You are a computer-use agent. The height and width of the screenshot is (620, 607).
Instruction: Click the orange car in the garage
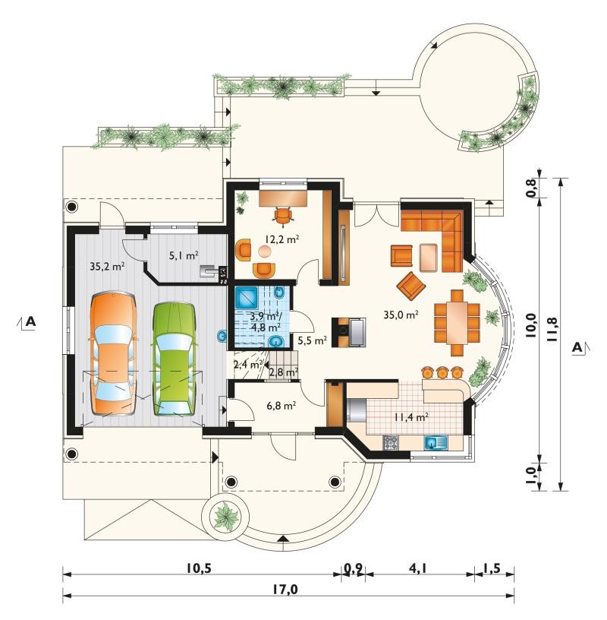[114, 353]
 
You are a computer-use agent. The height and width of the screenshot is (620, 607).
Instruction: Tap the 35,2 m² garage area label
[107, 266]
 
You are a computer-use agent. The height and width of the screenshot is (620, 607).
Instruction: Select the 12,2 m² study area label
[281, 239]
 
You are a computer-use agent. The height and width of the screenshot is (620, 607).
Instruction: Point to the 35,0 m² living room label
[401, 315]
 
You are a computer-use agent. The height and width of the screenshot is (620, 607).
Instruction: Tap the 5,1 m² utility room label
[184, 256]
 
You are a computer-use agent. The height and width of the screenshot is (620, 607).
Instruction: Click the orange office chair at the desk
[284, 217]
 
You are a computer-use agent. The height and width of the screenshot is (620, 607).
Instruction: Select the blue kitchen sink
[436, 441]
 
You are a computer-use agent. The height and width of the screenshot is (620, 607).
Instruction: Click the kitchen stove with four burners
[391, 442]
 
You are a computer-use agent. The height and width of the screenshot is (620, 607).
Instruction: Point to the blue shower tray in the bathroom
[247, 297]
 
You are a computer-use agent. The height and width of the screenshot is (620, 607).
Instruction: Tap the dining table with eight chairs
[457, 322]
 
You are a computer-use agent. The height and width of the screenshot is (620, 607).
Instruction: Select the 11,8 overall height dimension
[552, 330]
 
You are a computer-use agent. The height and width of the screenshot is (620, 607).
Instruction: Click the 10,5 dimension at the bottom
[199, 568]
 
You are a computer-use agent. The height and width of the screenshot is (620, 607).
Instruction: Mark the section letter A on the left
[30, 321]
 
